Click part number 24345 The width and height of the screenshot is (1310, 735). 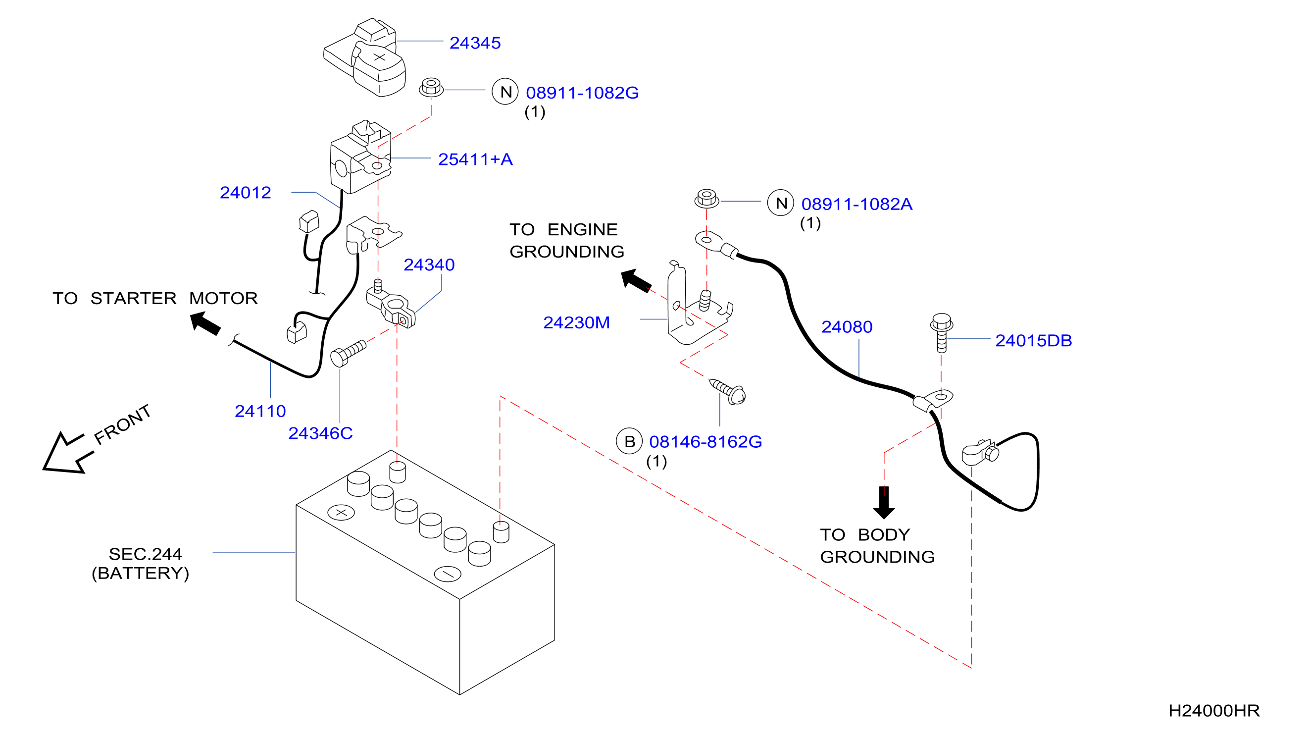pyautogui.click(x=474, y=43)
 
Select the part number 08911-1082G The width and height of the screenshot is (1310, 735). pyautogui.click(x=582, y=93)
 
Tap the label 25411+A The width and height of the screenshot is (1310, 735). pyautogui.click(x=475, y=159)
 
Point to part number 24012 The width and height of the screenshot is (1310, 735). pyautogui.click(x=245, y=192)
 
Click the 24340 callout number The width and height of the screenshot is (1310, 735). pyautogui.click(x=429, y=264)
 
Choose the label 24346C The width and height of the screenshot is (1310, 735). pyautogui.click(x=320, y=433)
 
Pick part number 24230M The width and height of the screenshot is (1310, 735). pyautogui.click(x=576, y=322)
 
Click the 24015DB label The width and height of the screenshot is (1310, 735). pyautogui.click(x=1033, y=340)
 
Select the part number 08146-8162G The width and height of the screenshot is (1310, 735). pyautogui.click(x=705, y=441)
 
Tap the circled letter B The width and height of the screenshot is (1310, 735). pyautogui.click(x=629, y=441)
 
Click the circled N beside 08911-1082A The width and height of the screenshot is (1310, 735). pyautogui.click(x=781, y=203)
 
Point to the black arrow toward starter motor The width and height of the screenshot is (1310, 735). pyautogui.click(x=205, y=323)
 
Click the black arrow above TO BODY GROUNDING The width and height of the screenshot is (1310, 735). pyautogui.click(x=884, y=503)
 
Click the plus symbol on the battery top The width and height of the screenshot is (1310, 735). pyautogui.click(x=341, y=512)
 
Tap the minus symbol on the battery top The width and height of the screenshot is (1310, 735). pyautogui.click(x=448, y=574)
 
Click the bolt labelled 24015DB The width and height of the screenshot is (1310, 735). pyautogui.click(x=941, y=333)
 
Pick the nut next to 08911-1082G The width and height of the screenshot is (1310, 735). pyautogui.click(x=431, y=87)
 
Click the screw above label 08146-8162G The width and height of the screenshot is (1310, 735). pyautogui.click(x=728, y=392)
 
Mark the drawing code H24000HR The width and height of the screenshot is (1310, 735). pyautogui.click(x=1214, y=711)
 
